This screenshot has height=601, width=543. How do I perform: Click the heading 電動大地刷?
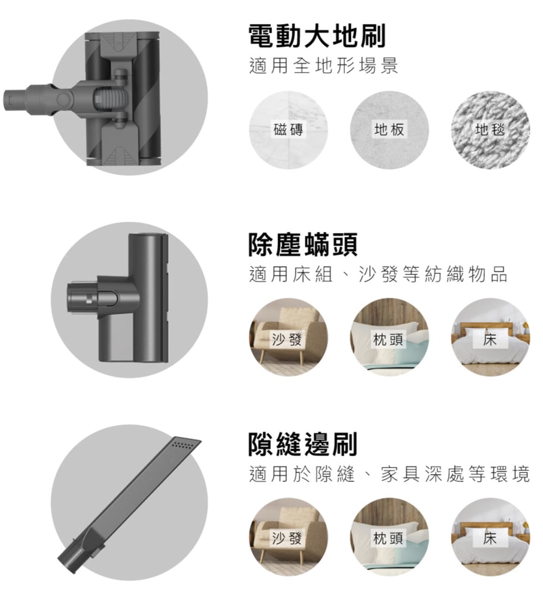point(317,36)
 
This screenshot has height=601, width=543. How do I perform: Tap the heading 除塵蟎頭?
point(303,244)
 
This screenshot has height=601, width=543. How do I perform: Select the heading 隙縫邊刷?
point(303,444)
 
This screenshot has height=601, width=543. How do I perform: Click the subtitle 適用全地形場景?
point(324,66)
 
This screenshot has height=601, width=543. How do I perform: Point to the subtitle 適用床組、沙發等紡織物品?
point(378,274)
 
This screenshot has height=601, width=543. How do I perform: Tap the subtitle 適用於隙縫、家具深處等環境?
point(389,474)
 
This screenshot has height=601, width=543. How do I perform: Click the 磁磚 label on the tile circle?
point(288,130)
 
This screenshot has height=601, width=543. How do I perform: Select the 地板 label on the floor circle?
point(389,130)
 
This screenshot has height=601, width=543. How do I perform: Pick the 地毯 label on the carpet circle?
point(490,130)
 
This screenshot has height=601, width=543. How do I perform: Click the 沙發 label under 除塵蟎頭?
point(287,339)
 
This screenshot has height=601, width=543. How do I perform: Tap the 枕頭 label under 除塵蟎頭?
point(388,339)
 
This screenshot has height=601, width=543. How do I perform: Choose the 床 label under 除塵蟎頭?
point(490,339)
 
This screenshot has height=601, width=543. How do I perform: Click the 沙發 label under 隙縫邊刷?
point(287,538)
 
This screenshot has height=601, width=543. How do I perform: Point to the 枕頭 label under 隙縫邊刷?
point(388,538)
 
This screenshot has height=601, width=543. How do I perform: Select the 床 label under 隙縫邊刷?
point(490,538)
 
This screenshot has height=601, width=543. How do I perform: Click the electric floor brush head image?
point(83,99)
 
